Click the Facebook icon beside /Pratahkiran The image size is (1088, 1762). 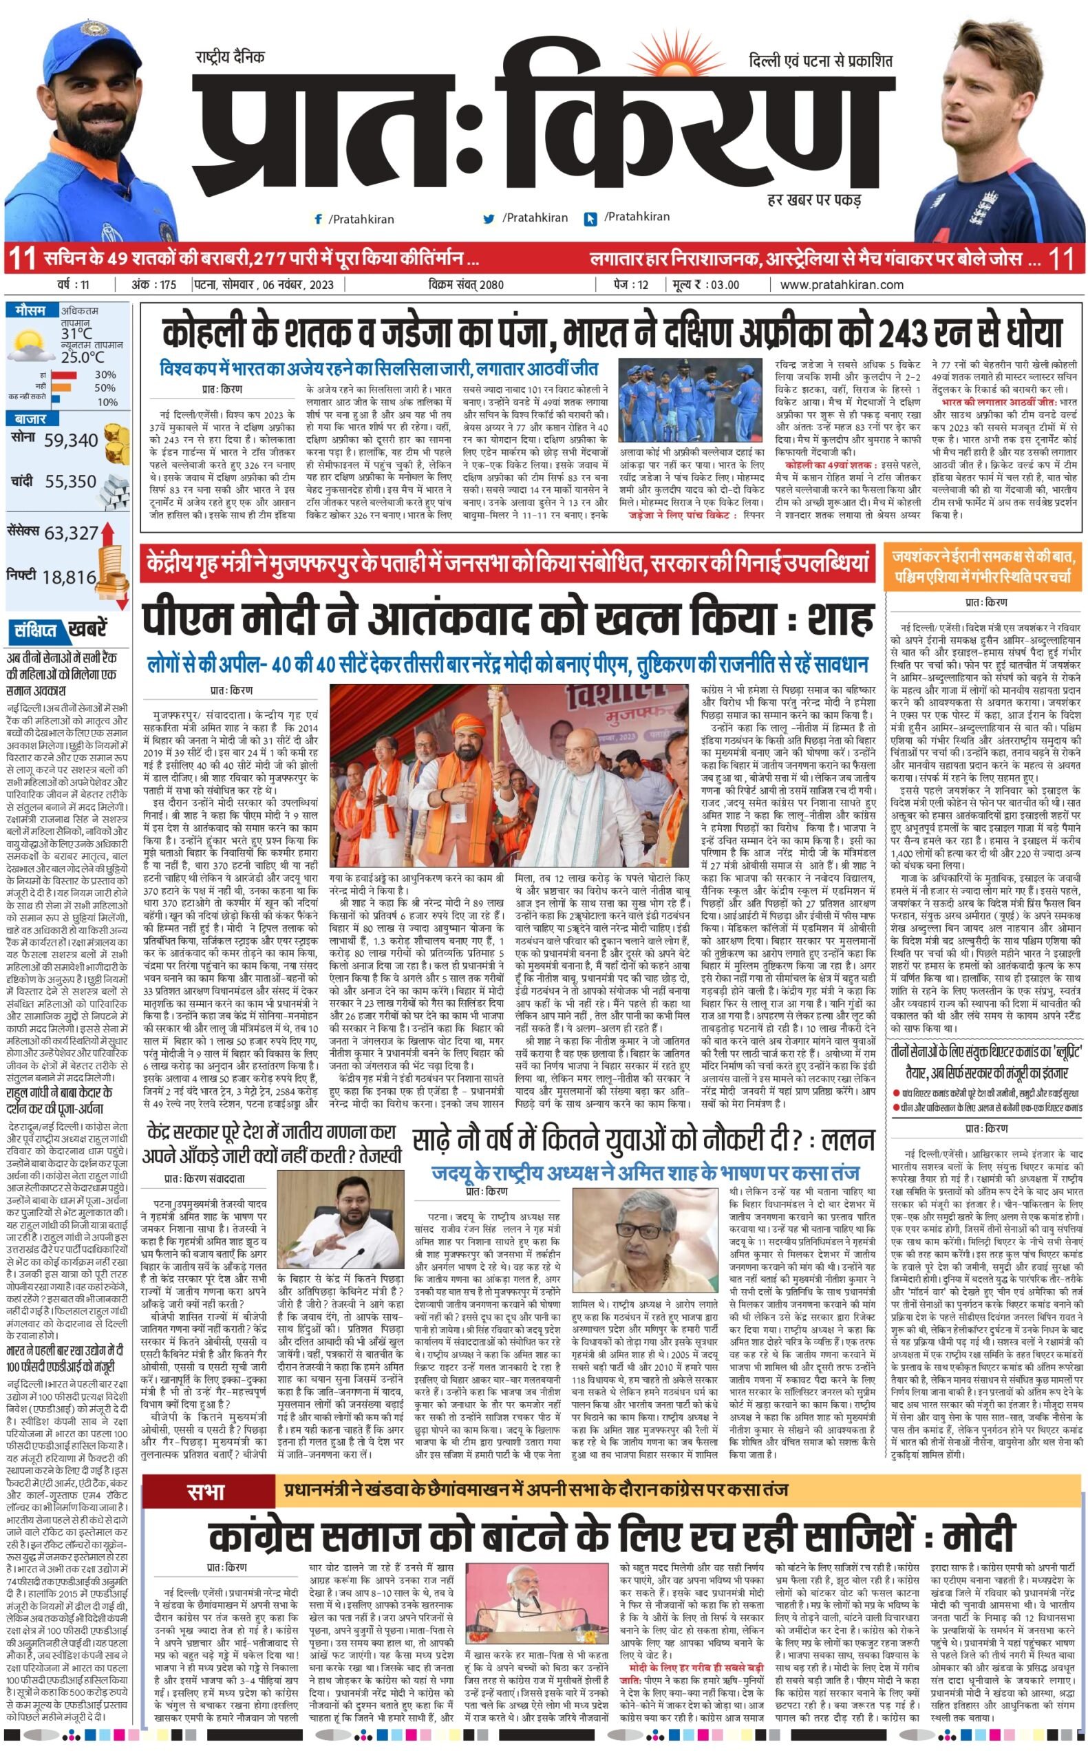click(x=318, y=219)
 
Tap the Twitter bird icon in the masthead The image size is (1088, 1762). click(x=489, y=218)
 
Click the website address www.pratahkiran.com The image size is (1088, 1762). click(x=841, y=285)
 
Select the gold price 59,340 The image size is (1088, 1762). click(x=70, y=440)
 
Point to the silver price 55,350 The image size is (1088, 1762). click(x=70, y=481)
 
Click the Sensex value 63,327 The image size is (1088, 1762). click(x=70, y=533)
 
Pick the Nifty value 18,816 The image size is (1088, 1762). click(x=69, y=577)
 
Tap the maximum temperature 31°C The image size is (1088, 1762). click(x=76, y=334)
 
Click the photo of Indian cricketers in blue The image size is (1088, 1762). click(x=690, y=400)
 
